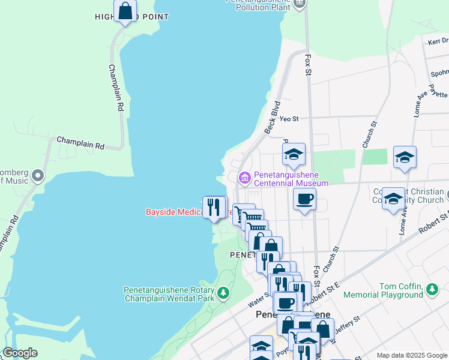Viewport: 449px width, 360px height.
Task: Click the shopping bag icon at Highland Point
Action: point(125,11)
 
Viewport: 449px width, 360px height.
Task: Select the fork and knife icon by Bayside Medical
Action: point(213,208)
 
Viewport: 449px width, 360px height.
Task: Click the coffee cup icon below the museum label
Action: point(304,199)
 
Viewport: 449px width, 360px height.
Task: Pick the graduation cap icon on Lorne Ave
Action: point(405,157)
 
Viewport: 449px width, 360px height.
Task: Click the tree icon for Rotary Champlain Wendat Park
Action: point(223,292)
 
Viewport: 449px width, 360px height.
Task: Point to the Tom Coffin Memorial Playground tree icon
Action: point(432,290)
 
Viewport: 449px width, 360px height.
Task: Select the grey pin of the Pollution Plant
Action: point(301,3)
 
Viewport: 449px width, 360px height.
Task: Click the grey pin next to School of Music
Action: point(38,176)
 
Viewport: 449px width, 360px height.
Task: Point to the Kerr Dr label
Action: point(438,41)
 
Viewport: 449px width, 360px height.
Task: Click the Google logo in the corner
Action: point(20,353)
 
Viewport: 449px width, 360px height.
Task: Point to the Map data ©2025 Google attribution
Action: point(411,355)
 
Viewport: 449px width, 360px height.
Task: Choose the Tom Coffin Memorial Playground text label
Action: point(400,290)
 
